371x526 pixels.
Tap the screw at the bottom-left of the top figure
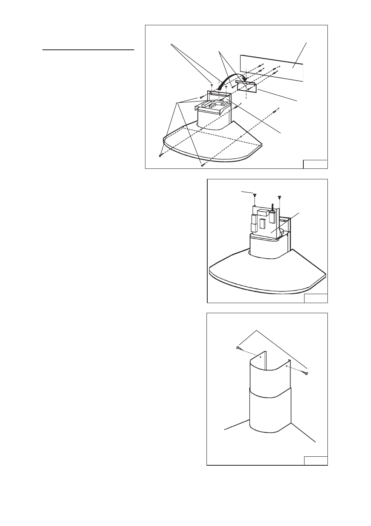click(x=160, y=156)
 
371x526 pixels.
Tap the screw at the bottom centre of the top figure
click(x=202, y=165)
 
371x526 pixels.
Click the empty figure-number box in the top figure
click(x=315, y=164)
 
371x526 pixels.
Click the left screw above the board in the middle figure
click(x=254, y=195)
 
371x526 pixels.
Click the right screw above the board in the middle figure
click(x=279, y=197)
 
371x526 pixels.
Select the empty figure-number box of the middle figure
click(x=315, y=298)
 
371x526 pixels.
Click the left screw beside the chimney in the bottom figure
click(x=238, y=348)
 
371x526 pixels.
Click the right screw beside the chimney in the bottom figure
click(x=306, y=373)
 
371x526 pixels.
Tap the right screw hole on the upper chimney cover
click(x=286, y=366)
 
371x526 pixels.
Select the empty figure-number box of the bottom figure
click(x=315, y=461)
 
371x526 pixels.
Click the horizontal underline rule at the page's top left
click(x=88, y=50)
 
